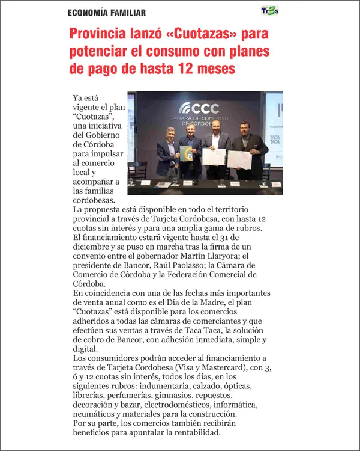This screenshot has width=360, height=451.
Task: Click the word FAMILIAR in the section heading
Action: [x=124, y=13]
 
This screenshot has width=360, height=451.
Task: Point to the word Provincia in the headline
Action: [x=101, y=34]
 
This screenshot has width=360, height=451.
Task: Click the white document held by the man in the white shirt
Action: [x=213, y=157]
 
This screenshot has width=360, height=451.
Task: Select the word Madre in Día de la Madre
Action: [x=245, y=302]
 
